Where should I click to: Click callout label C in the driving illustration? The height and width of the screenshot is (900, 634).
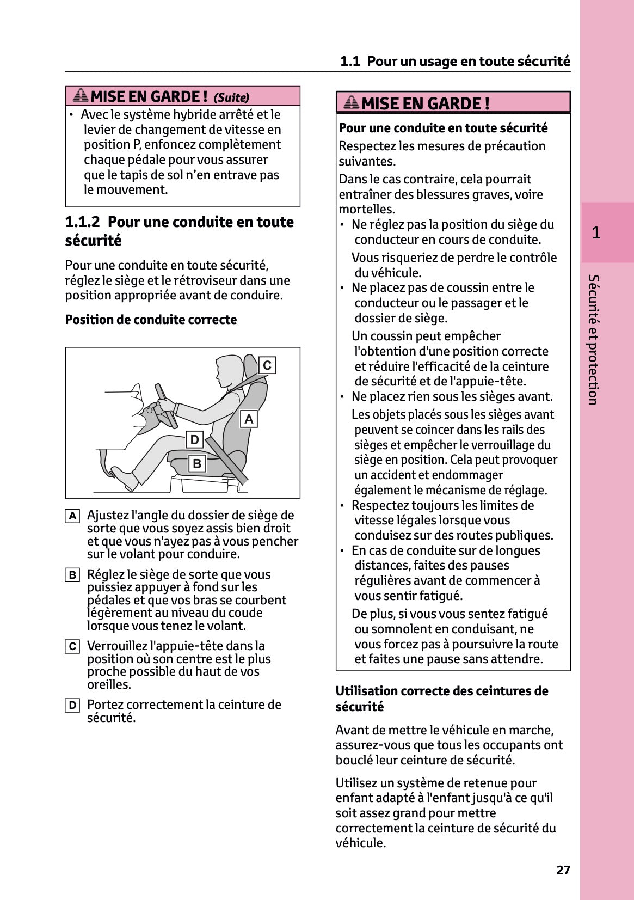(267, 365)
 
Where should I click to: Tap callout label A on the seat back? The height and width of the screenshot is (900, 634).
(249, 419)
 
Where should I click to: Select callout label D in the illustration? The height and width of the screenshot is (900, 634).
(194, 439)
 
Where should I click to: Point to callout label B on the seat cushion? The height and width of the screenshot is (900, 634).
(197, 463)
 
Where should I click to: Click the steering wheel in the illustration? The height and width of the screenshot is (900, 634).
(165, 406)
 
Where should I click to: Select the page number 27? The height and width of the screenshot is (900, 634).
(563, 870)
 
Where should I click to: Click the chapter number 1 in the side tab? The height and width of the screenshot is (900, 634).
(596, 232)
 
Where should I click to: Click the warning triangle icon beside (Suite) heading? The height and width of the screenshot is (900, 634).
(81, 96)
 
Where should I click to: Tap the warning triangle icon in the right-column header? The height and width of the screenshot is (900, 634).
(352, 102)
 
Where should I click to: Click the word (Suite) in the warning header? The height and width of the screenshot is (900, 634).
(231, 97)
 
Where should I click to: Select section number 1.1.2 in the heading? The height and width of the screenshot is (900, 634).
(83, 222)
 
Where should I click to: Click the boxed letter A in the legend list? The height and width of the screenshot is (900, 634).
(72, 516)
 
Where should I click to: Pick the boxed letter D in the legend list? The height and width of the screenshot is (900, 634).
(72, 706)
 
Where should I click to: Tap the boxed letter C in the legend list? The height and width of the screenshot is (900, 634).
(72, 646)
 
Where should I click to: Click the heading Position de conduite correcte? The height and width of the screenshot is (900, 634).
(151, 320)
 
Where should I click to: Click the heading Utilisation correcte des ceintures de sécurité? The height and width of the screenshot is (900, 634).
(441, 699)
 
